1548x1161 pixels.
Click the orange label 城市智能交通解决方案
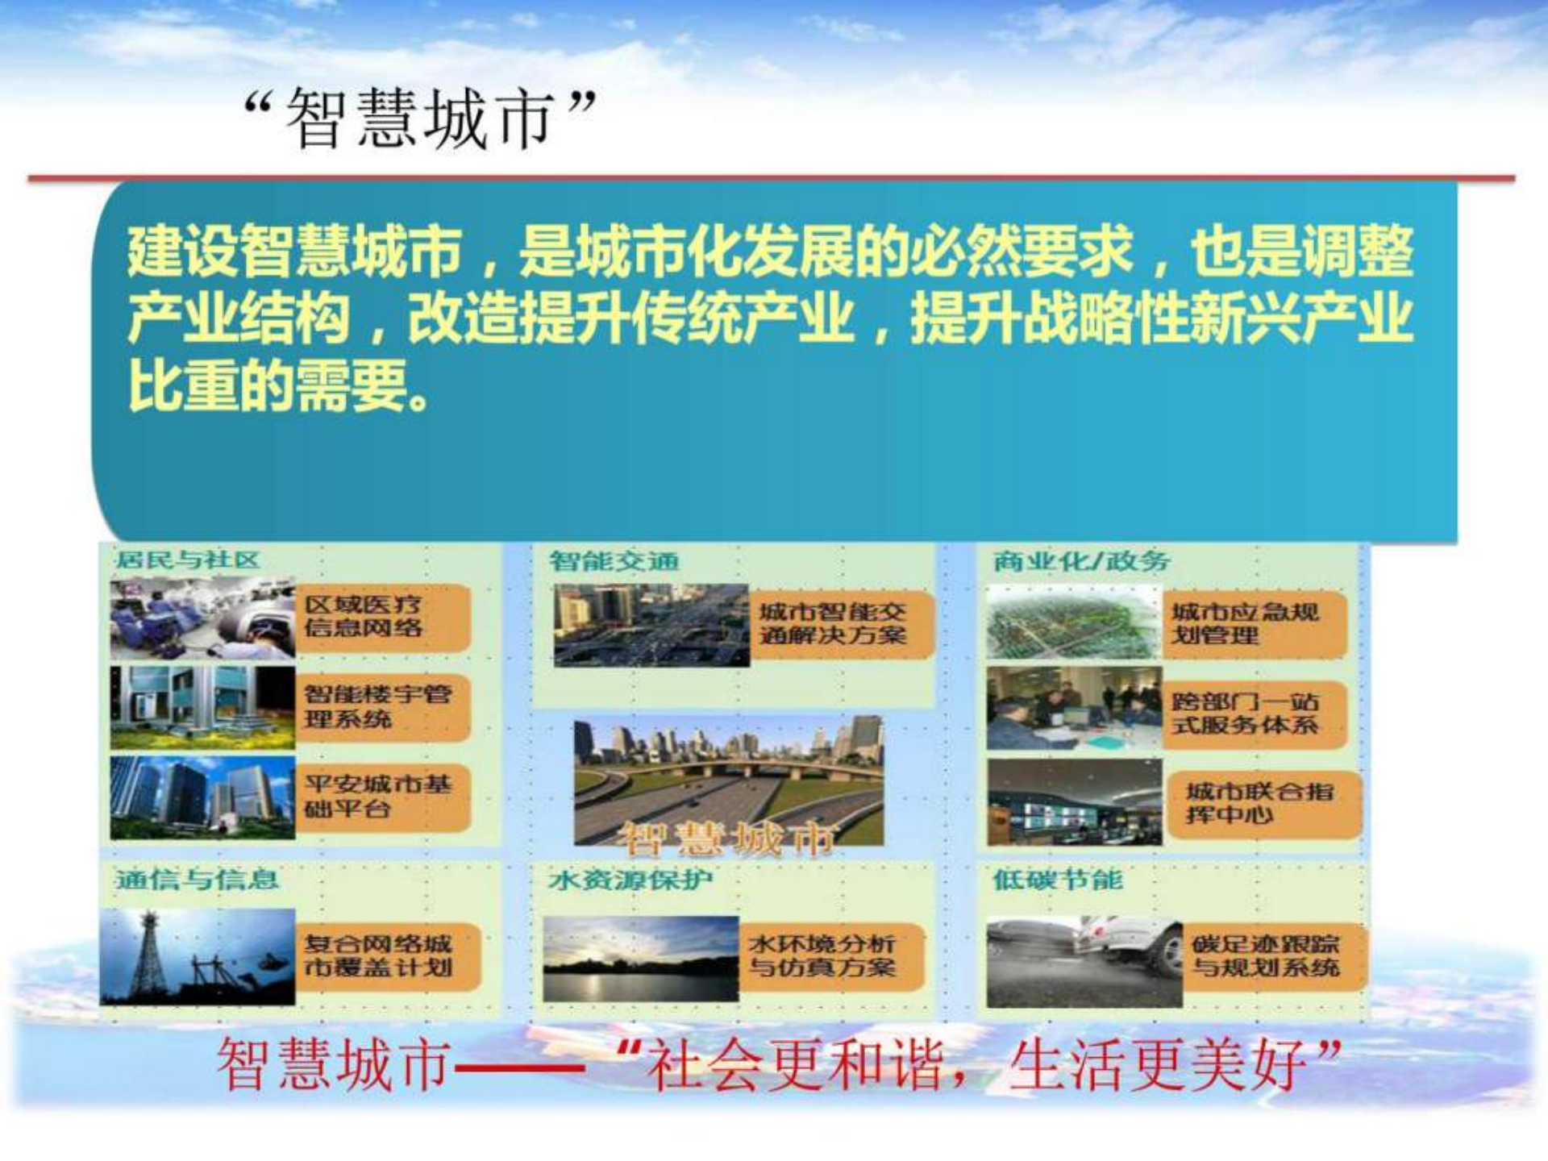[x=838, y=623]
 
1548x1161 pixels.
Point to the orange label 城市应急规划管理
[x=1251, y=623]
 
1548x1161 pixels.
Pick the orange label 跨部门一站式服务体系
[x=1251, y=713]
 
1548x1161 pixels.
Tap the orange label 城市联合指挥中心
[x=1262, y=803]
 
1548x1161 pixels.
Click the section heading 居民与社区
[x=187, y=560]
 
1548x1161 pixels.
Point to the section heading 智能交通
[x=614, y=560]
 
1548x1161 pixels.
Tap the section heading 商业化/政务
[x=1080, y=560]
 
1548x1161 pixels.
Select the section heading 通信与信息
[x=197, y=879]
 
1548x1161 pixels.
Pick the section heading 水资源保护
[x=630, y=879]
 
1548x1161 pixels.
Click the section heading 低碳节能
[x=1057, y=879]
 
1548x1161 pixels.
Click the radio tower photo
[x=198, y=956]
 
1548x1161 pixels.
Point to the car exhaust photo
[x=1084, y=961]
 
